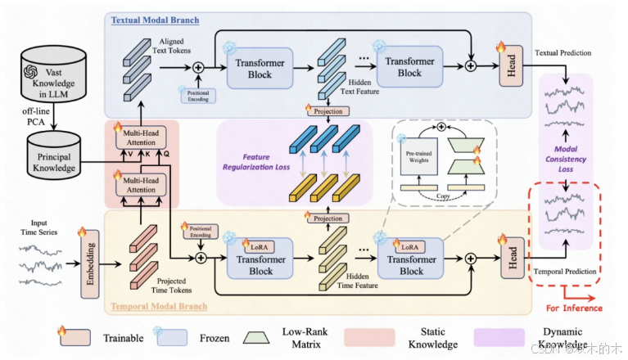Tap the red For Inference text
575,308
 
